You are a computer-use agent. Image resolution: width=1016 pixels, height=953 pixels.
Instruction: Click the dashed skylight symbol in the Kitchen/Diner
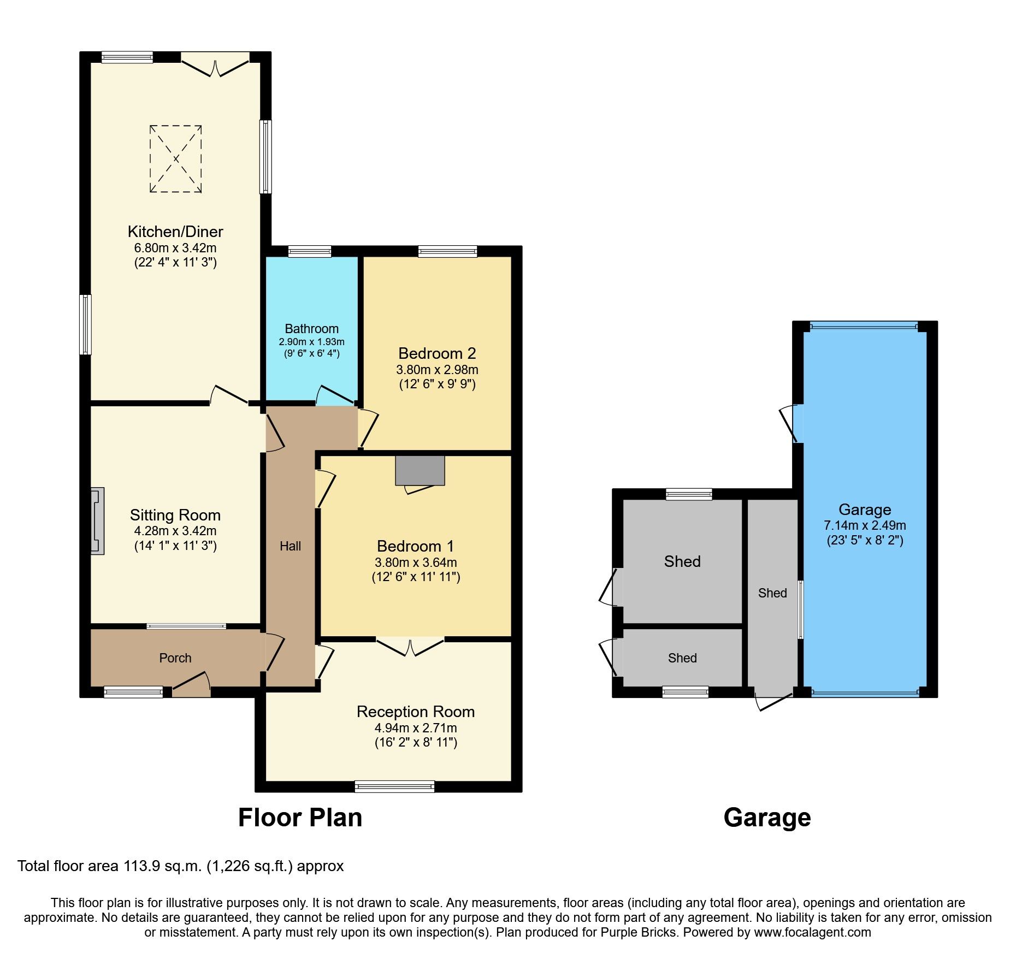click(x=176, y=159)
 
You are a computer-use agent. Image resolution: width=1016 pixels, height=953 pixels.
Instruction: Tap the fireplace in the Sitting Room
click(x=97, y=521)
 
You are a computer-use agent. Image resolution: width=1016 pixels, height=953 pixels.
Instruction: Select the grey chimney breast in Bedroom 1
click(x=420, y=470)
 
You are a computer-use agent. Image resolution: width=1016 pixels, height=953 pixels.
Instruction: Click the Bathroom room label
click(x=311, y=329)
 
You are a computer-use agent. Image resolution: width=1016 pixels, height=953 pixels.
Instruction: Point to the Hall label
click(x=290, y=546)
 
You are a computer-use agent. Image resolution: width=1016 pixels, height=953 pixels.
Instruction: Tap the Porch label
click(x=175, y=658)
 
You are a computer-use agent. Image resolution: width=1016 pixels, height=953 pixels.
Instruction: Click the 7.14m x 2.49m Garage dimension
click(x=865, y=525)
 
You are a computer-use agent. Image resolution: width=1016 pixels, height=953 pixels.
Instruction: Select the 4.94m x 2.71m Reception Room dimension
click(x=416, y=728)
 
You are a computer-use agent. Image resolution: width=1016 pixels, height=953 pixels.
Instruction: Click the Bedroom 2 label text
click(x=437, y=353)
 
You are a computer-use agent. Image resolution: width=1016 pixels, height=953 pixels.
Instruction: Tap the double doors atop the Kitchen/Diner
click(x=215, y=66)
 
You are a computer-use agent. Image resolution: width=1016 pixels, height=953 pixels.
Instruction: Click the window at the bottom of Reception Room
click(x=394, y=786)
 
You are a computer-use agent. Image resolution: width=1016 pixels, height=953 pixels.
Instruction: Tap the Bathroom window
click(x=310, y=251)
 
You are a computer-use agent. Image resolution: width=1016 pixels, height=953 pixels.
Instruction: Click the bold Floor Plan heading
click(x=300, y=818)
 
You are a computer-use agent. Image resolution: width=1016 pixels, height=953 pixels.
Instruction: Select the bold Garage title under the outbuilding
click(x=767, y=818)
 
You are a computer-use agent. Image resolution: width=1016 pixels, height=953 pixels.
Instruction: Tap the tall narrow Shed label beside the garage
click(x=772, y=593)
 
